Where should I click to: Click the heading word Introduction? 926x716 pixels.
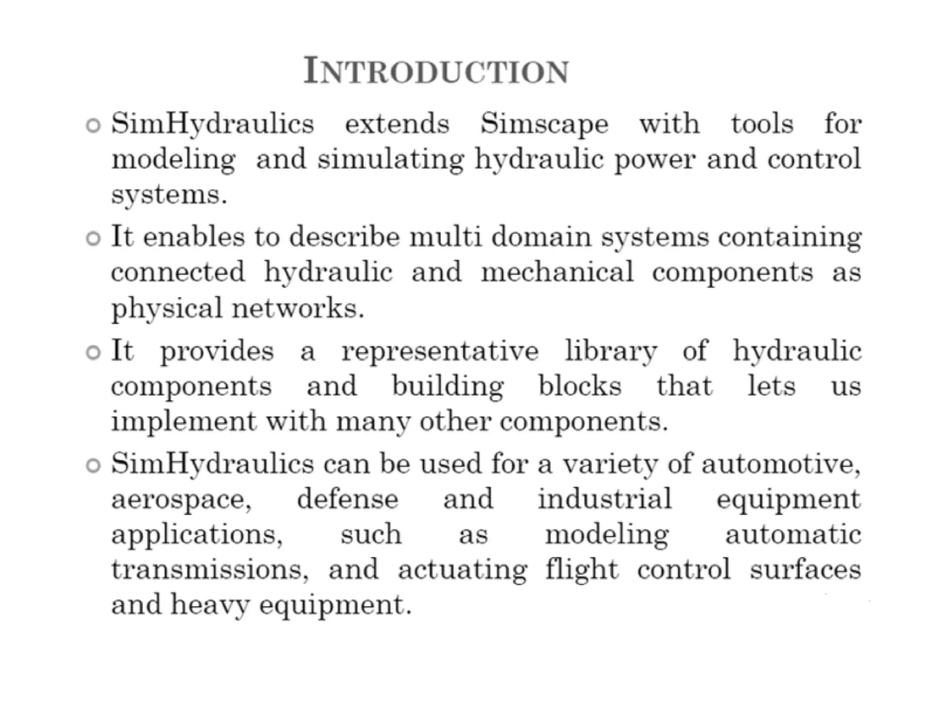(x=436, y=71)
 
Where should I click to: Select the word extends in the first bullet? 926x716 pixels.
(x=397, y=124)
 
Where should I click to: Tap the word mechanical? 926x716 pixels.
(x=557, y=272)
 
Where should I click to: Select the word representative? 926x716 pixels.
(x=440, y=352)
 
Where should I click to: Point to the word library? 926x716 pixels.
(x=611, y=352)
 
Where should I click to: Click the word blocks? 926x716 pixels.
(x=580, y=386)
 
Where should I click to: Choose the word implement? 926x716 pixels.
(x=184, y=422)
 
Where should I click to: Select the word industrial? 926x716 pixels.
(x=605, y=499)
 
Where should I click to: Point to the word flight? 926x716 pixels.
(x=581, y=569)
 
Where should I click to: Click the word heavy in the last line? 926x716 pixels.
(x=210, y=605)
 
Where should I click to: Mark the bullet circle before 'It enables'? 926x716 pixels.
(x=93, y=239)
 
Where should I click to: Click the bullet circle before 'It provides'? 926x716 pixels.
(x=93, y=353)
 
